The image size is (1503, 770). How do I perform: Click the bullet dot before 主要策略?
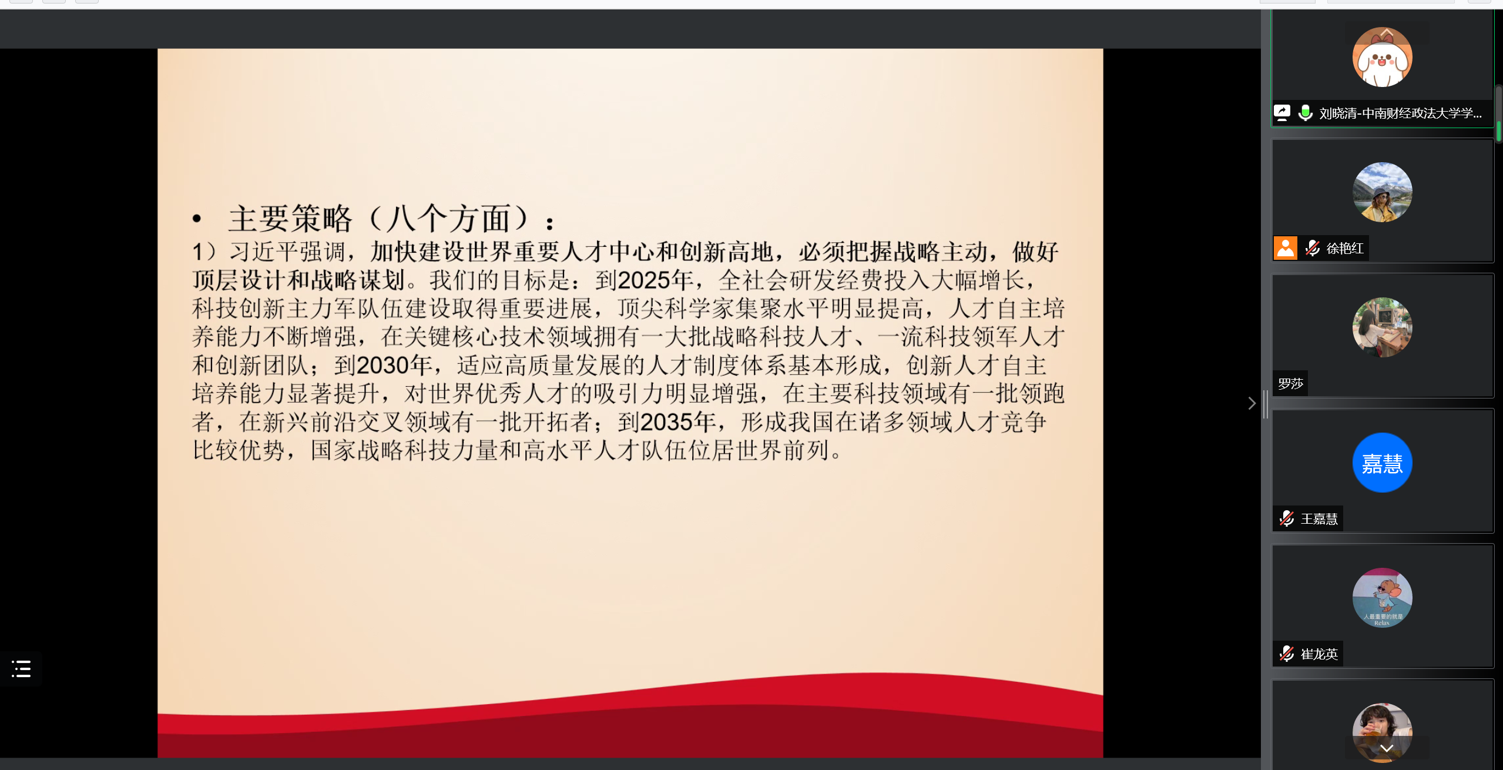point(197,219)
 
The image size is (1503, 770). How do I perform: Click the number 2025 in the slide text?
point(644,280)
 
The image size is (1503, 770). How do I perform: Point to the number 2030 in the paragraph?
point(383,366)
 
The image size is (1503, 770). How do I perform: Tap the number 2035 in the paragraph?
point(666,422)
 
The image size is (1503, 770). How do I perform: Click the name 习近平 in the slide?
point(264,252)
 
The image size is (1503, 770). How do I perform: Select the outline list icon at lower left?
point(21,669)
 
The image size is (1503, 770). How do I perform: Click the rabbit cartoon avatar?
point(1382,57)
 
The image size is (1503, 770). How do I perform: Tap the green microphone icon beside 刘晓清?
point(1306,112)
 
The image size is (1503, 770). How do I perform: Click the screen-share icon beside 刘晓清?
point(1282,112)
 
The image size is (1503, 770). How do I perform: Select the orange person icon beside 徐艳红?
point(1286,248)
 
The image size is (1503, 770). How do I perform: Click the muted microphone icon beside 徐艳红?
point(1313,248)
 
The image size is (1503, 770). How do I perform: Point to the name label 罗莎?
point(1290,384)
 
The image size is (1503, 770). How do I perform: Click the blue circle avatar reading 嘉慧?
point(1382,463)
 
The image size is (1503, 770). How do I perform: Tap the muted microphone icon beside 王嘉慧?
point(1287,518)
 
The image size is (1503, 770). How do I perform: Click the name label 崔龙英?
point(1319,654)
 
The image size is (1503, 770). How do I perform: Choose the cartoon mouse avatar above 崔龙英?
point(1382,598)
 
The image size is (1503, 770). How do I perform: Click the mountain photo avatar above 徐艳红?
point(1382,192)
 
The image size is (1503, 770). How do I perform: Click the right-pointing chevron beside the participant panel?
point(1252,403)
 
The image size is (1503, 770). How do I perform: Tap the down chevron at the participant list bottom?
point(1387,748)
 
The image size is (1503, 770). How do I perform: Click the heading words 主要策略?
point(290,219)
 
